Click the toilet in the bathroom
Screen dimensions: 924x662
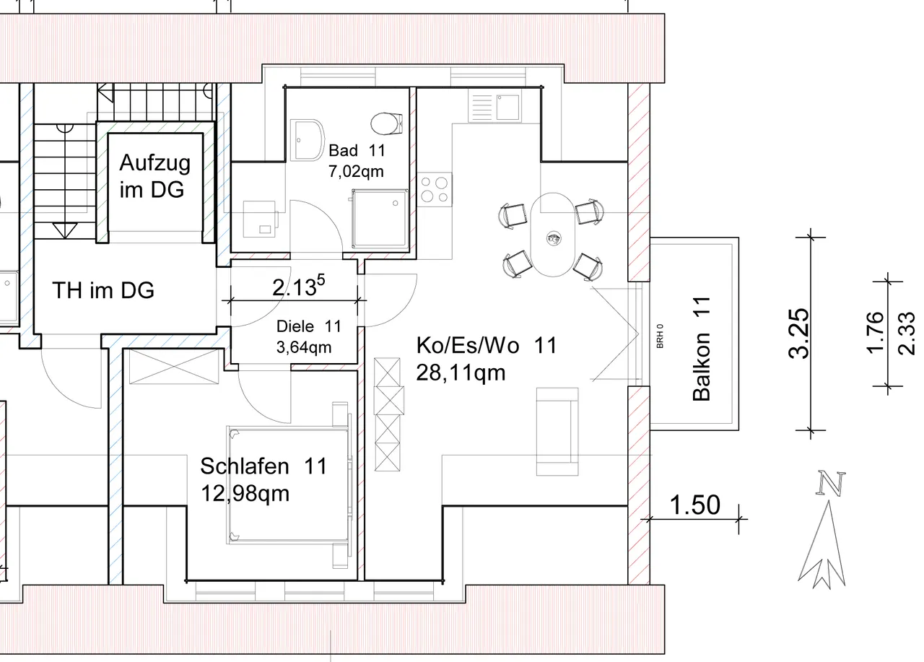click(x=386, y=123)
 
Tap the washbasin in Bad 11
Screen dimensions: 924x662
click(x=308, y=140)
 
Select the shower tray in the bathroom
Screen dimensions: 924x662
click(x=380, y=219)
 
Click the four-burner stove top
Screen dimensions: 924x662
click(x=435, y=189)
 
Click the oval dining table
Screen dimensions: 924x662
click(x=553, y=235)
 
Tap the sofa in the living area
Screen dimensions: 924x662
click(x=557, y=432)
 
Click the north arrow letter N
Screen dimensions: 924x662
click(x=830, y=483)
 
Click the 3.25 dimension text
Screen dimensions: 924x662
click(x=799, y=334)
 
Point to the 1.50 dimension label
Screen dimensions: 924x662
click(x=694, y=505)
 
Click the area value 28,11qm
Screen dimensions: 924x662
click(x=461, y=373)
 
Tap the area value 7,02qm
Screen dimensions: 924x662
click(x=356, y=171)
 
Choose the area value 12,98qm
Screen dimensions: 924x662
click(x=245, y=493)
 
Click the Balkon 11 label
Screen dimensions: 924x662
click(x=702, y=349)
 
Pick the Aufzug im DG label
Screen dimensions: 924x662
click(x=154, y=176)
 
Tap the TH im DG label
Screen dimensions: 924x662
click(x=103, y=290)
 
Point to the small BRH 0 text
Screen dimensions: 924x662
click(x=660, y=336)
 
